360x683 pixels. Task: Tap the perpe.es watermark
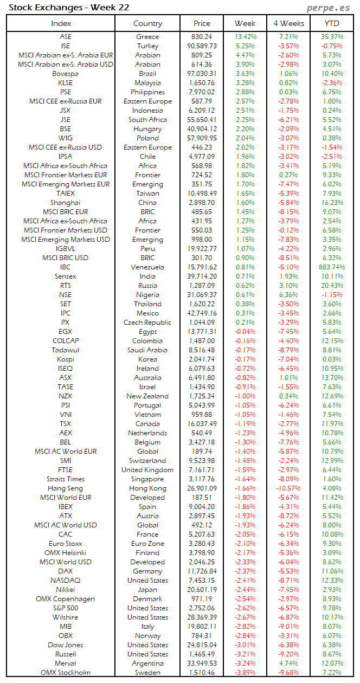click(x=329, y=8)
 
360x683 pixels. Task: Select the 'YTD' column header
click(x=332, y=23)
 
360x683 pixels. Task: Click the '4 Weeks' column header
click(x=288, y=23)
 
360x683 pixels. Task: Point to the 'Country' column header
click(x=147, y=23)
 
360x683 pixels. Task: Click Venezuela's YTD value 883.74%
click(x=332, y=267)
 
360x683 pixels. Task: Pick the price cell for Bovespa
click(x=202, y=74)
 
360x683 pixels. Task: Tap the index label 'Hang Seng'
click(x=65, y=488)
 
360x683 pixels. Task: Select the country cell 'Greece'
click(x=147, y=37)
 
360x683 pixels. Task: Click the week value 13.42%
click(x=245, y=37)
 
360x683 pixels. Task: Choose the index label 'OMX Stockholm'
click(x=65, y=673)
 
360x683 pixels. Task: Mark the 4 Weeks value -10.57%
click(x=288, y=488)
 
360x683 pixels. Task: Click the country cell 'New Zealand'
click(x=147, y=396)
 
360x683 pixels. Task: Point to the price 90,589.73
click(x=202, y=46)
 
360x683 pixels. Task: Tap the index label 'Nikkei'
click(x=65, y=590)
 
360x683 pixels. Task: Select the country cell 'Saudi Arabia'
click(x=147, y=350)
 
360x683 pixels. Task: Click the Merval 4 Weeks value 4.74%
click(x=288, y=663)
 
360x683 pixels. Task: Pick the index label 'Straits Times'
click(x=65, y=479)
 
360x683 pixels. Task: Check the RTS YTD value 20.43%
click(x=332, y=286)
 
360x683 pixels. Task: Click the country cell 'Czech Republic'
click(x=147, y=323)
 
